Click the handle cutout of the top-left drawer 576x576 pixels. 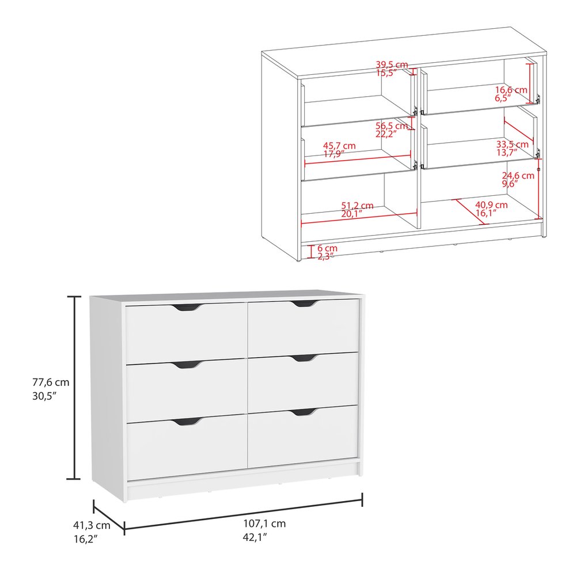pos(186,308)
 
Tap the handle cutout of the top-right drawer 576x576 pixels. pos(304,304)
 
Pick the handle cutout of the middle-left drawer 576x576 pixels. pos(186,365)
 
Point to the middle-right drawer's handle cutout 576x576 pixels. pos(304,359)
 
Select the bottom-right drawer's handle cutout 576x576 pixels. pos(304,412)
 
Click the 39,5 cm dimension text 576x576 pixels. pos(392,65)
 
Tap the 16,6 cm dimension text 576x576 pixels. pos(511,90)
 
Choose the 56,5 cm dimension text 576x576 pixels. pos(392,126)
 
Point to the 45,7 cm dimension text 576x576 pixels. pos(339,146)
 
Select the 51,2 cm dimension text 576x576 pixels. pos(357,206)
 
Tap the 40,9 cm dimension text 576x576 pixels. pos(491,204)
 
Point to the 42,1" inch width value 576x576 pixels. pos(256,537)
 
